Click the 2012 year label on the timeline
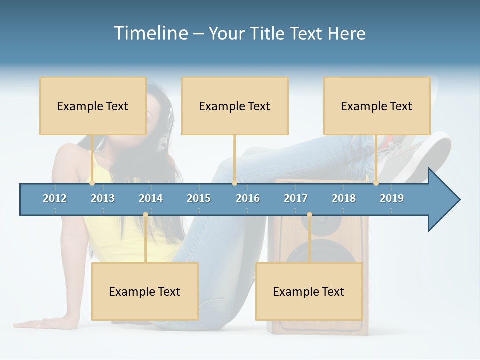(x=55, y=198)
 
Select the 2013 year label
(x=103, y=198)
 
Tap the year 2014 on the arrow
(x=151, y=198)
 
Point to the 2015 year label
(x=199, y=198)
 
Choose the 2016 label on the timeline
(x=248, y=198)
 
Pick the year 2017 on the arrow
(x=296, y=198)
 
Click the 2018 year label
(x=344, y=198)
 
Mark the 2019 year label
(x=392, y=198)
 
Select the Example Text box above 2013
(x=93, y=106)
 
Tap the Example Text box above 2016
(x=235, y=106)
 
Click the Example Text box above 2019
(x=377, y=106)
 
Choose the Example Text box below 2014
(x=145, y=291)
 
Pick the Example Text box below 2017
(x=309, y=291)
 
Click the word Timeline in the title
(x=150, y=33)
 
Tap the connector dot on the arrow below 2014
(x=145, y=215)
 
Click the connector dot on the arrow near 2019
(x=376, y=183)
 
